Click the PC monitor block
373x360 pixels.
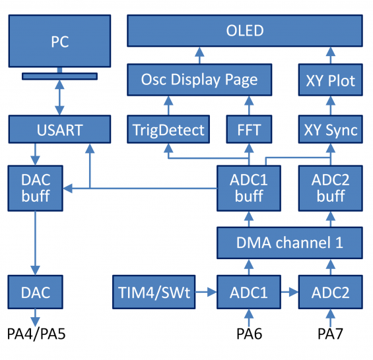pos(59,42)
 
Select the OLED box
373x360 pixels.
pos(244,31)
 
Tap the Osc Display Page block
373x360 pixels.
pos(199,80)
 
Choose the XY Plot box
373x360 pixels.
pos(330,80)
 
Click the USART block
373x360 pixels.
pos(59,129)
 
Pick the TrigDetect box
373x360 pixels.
pos(168,129)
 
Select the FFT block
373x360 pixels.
pos(249,129)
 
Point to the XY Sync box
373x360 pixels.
pos(330,129)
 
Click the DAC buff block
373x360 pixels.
pos(36,188)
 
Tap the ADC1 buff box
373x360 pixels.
pos(249,188)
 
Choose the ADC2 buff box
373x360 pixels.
pos(330,188)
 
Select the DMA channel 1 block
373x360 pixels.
pos(290,242)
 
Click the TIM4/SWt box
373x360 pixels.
pos(154,292)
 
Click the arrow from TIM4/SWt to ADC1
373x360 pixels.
pos(206,292)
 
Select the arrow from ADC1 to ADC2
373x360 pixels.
pos(288,292)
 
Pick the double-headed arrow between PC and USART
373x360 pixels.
pos(59,98)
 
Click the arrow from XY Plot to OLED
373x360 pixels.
pos(330,55)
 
